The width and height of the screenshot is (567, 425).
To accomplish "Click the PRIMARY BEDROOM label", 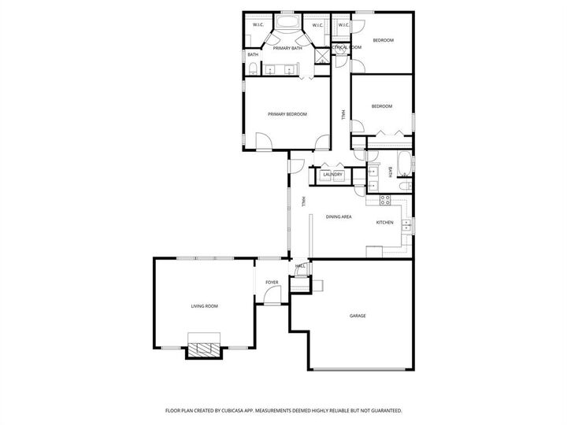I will click(287, 114).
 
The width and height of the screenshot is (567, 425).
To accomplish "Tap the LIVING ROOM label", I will click(204, 306).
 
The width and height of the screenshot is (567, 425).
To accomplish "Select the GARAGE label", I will click(358, 316).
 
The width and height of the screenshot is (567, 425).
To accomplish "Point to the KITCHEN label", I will click(384, 223).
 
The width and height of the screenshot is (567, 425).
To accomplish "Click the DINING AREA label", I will click(339, 216).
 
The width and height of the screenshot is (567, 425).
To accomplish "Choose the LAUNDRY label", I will click(332, 175).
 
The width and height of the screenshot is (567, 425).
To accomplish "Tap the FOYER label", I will click(272, 282).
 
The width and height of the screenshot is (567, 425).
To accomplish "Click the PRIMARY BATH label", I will click(287, 49).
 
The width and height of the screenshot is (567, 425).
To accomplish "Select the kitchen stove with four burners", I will click(386, 199).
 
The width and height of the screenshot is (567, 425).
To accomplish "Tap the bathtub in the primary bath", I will click(287, 27).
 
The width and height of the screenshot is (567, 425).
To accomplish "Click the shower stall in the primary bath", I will click(321, 58).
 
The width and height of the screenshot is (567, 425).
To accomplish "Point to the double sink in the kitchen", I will click(406, 225).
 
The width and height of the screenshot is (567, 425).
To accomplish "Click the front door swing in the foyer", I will click(272, 297).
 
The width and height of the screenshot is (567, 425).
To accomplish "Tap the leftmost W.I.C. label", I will click(258, 25).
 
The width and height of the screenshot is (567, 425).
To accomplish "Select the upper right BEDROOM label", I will click(383, 40).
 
